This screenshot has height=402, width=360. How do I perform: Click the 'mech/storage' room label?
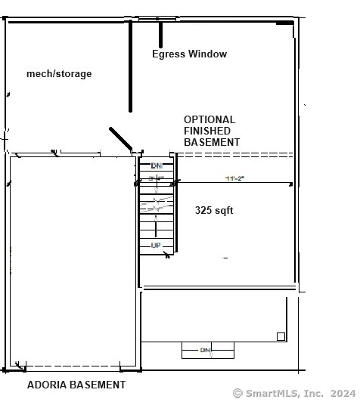[59, 73]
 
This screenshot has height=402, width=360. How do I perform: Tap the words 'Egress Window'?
[189, 54]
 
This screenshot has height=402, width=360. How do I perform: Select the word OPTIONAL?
[209, 119]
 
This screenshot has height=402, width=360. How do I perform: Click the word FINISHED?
[207, 131]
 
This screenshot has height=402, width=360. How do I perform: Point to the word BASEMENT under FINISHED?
[212, 142]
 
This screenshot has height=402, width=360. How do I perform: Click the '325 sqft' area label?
[214, 210]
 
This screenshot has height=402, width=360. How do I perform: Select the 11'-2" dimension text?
[234, 178]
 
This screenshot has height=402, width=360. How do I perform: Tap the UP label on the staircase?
[156, 246]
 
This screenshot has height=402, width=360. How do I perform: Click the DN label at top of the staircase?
[157, 165]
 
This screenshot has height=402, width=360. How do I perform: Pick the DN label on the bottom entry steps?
[206, 350]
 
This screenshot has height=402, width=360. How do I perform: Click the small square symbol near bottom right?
[281, 336]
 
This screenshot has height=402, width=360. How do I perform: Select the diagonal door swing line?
[121, 138]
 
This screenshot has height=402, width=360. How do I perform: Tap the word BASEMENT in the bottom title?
[98, 385]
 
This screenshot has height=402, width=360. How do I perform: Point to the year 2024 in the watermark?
[341, 393]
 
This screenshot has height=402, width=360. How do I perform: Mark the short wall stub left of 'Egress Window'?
[160, 35]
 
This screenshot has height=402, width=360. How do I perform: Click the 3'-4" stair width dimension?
[157, 178]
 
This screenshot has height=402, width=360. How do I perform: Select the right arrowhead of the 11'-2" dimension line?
[290, 183]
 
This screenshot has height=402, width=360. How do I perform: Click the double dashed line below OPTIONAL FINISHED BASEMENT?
[234, 155]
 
